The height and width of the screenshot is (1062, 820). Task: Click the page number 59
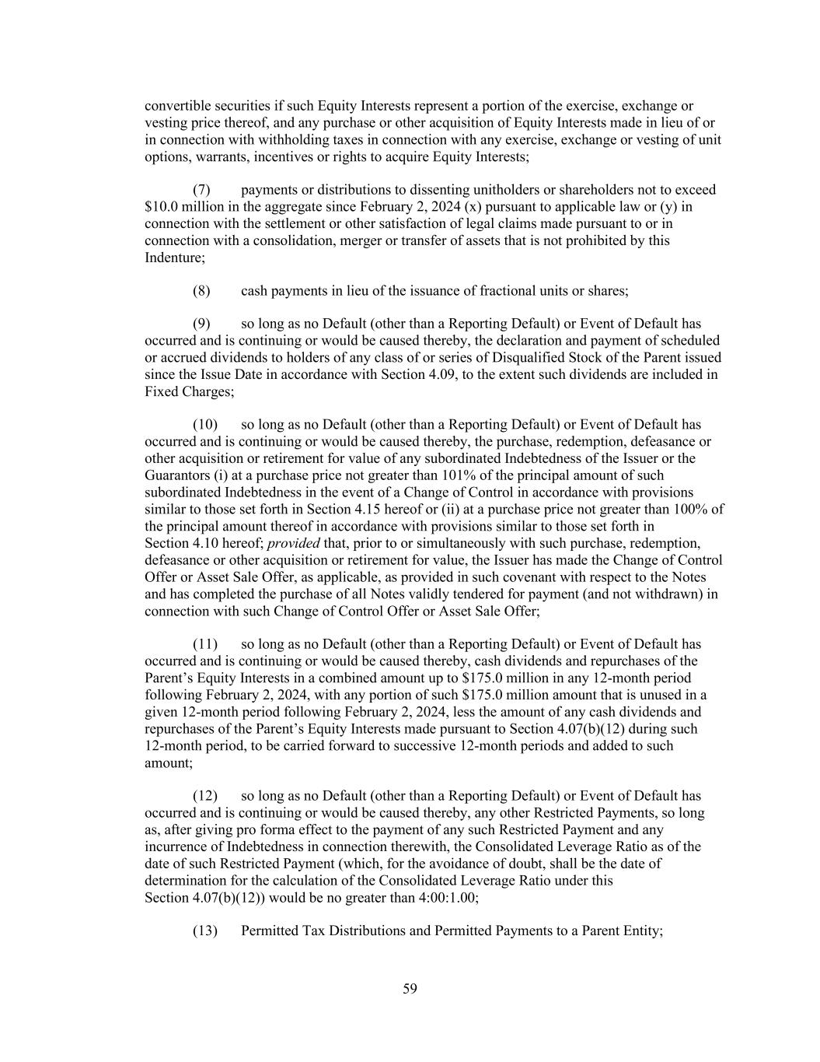(x=410, y=989)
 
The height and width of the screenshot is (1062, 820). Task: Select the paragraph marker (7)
(x=201, y=190)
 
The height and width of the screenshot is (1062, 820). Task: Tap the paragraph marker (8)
(x=201, y=291)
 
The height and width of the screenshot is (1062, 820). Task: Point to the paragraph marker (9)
(x=201, y=324)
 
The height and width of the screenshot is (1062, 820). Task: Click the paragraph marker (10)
(x=204, y=425)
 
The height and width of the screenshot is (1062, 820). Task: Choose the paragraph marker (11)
(x=204, y=644)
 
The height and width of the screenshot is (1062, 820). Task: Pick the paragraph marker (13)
(x=204, y=931)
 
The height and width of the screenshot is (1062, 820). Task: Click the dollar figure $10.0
(x=161, y=207)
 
